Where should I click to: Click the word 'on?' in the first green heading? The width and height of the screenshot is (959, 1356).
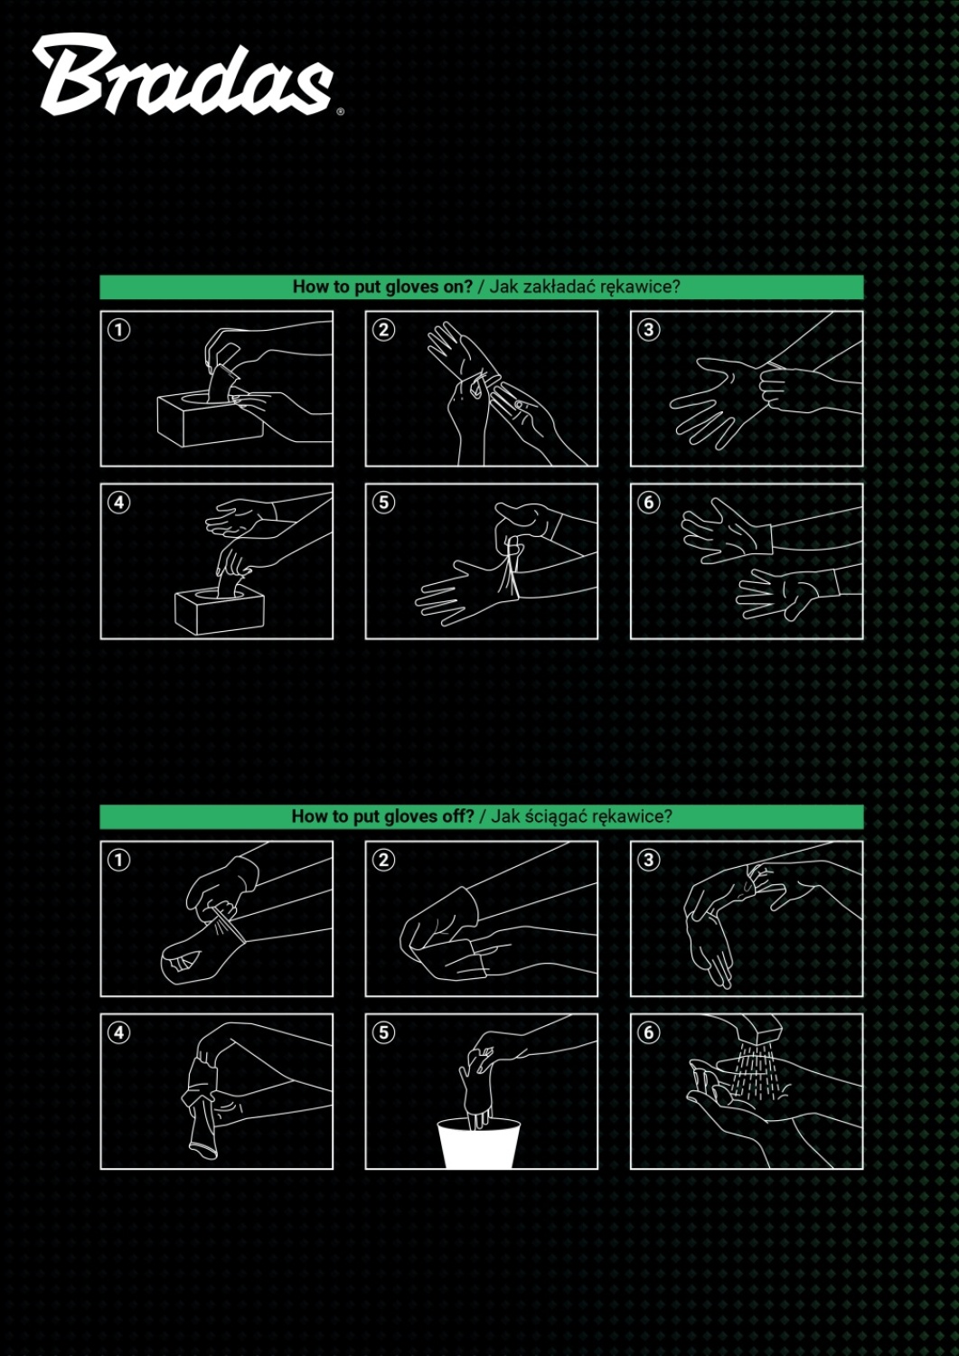[457, 287]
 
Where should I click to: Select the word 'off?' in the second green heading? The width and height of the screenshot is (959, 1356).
[459, 816]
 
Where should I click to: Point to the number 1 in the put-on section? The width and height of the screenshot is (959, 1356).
[118, 330]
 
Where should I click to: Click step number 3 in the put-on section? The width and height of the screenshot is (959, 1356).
[648, 330]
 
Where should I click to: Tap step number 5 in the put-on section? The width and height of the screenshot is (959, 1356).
[384, 503]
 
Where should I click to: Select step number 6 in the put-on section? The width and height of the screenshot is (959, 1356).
[648, 503]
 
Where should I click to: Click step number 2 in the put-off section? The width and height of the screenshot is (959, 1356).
[384, 860]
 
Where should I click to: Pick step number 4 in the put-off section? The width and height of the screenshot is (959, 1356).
[118, 1032]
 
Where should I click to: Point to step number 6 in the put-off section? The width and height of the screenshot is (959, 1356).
[648, 1032]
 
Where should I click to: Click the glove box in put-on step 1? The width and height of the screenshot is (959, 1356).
[210, 419]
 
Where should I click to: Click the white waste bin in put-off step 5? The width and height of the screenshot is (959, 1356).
[479, 1144]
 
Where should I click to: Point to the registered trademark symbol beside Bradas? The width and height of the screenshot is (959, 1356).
[340, 111]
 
